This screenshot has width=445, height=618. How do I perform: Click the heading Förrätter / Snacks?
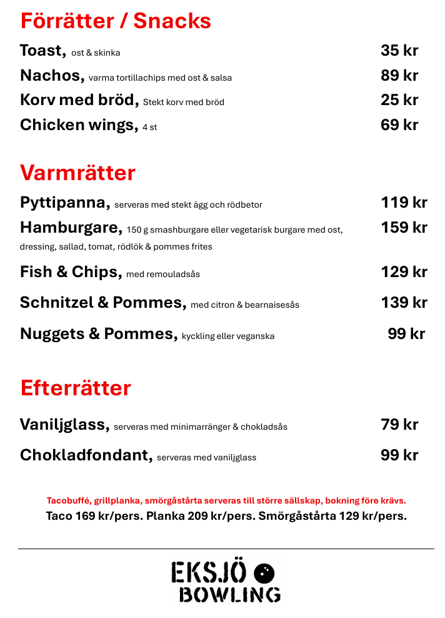click(x=116, y=21)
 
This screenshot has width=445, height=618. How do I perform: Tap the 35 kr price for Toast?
click(x=399, y=51)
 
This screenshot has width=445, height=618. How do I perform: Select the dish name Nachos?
click(x=51, y=76)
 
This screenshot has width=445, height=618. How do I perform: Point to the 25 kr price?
click(x=399, y=100)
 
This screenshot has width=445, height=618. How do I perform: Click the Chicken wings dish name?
click(x=78, y=125)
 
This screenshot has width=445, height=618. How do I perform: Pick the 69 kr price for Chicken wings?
click(x=399, y=125)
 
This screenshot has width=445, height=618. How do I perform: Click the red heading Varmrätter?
click(x=77, y=173)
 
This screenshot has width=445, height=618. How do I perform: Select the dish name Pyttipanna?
click(x=64, y=203)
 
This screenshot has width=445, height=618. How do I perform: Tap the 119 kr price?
click(x=404, y=203)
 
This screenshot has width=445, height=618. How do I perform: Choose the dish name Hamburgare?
click(x=71, y=227)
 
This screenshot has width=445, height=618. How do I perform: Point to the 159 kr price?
click(x=404, y=227)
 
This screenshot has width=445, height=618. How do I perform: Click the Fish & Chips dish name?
click(x=70, y=271)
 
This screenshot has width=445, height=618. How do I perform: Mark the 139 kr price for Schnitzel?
click(x=404, y=303)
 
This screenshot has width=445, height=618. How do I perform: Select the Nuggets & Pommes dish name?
click(x=98, y=333)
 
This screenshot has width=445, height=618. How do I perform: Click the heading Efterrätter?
click(x=76, y=388)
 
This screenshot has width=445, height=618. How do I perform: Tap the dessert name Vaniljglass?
click(x=64, y=425)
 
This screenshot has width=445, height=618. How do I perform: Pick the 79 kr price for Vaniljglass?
click(x=399, y=425)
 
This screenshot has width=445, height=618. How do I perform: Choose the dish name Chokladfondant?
click(x=86, y=455)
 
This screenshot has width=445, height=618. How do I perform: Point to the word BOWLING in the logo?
click(x=229, y=594)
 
